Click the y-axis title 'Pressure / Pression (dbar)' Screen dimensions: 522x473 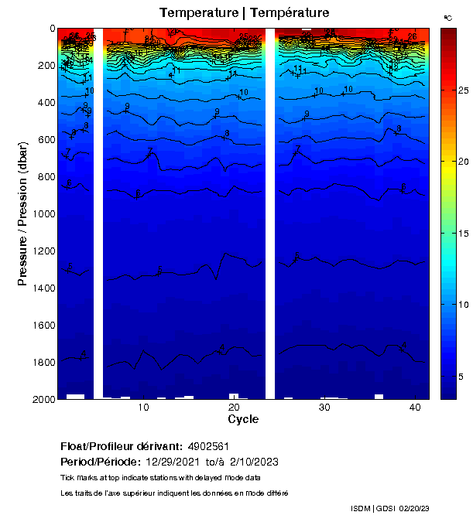22,213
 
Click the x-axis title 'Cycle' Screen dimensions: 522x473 243,419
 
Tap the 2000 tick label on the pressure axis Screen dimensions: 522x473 42,399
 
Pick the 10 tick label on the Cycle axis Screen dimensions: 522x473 143,408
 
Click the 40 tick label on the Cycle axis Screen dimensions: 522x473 414,408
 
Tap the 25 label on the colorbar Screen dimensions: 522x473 456,90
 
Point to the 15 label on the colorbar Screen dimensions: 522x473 456,234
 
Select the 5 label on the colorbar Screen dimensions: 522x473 458,377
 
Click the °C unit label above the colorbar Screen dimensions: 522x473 447,17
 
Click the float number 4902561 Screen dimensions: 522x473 207,447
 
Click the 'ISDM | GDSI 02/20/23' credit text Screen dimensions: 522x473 390,508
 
